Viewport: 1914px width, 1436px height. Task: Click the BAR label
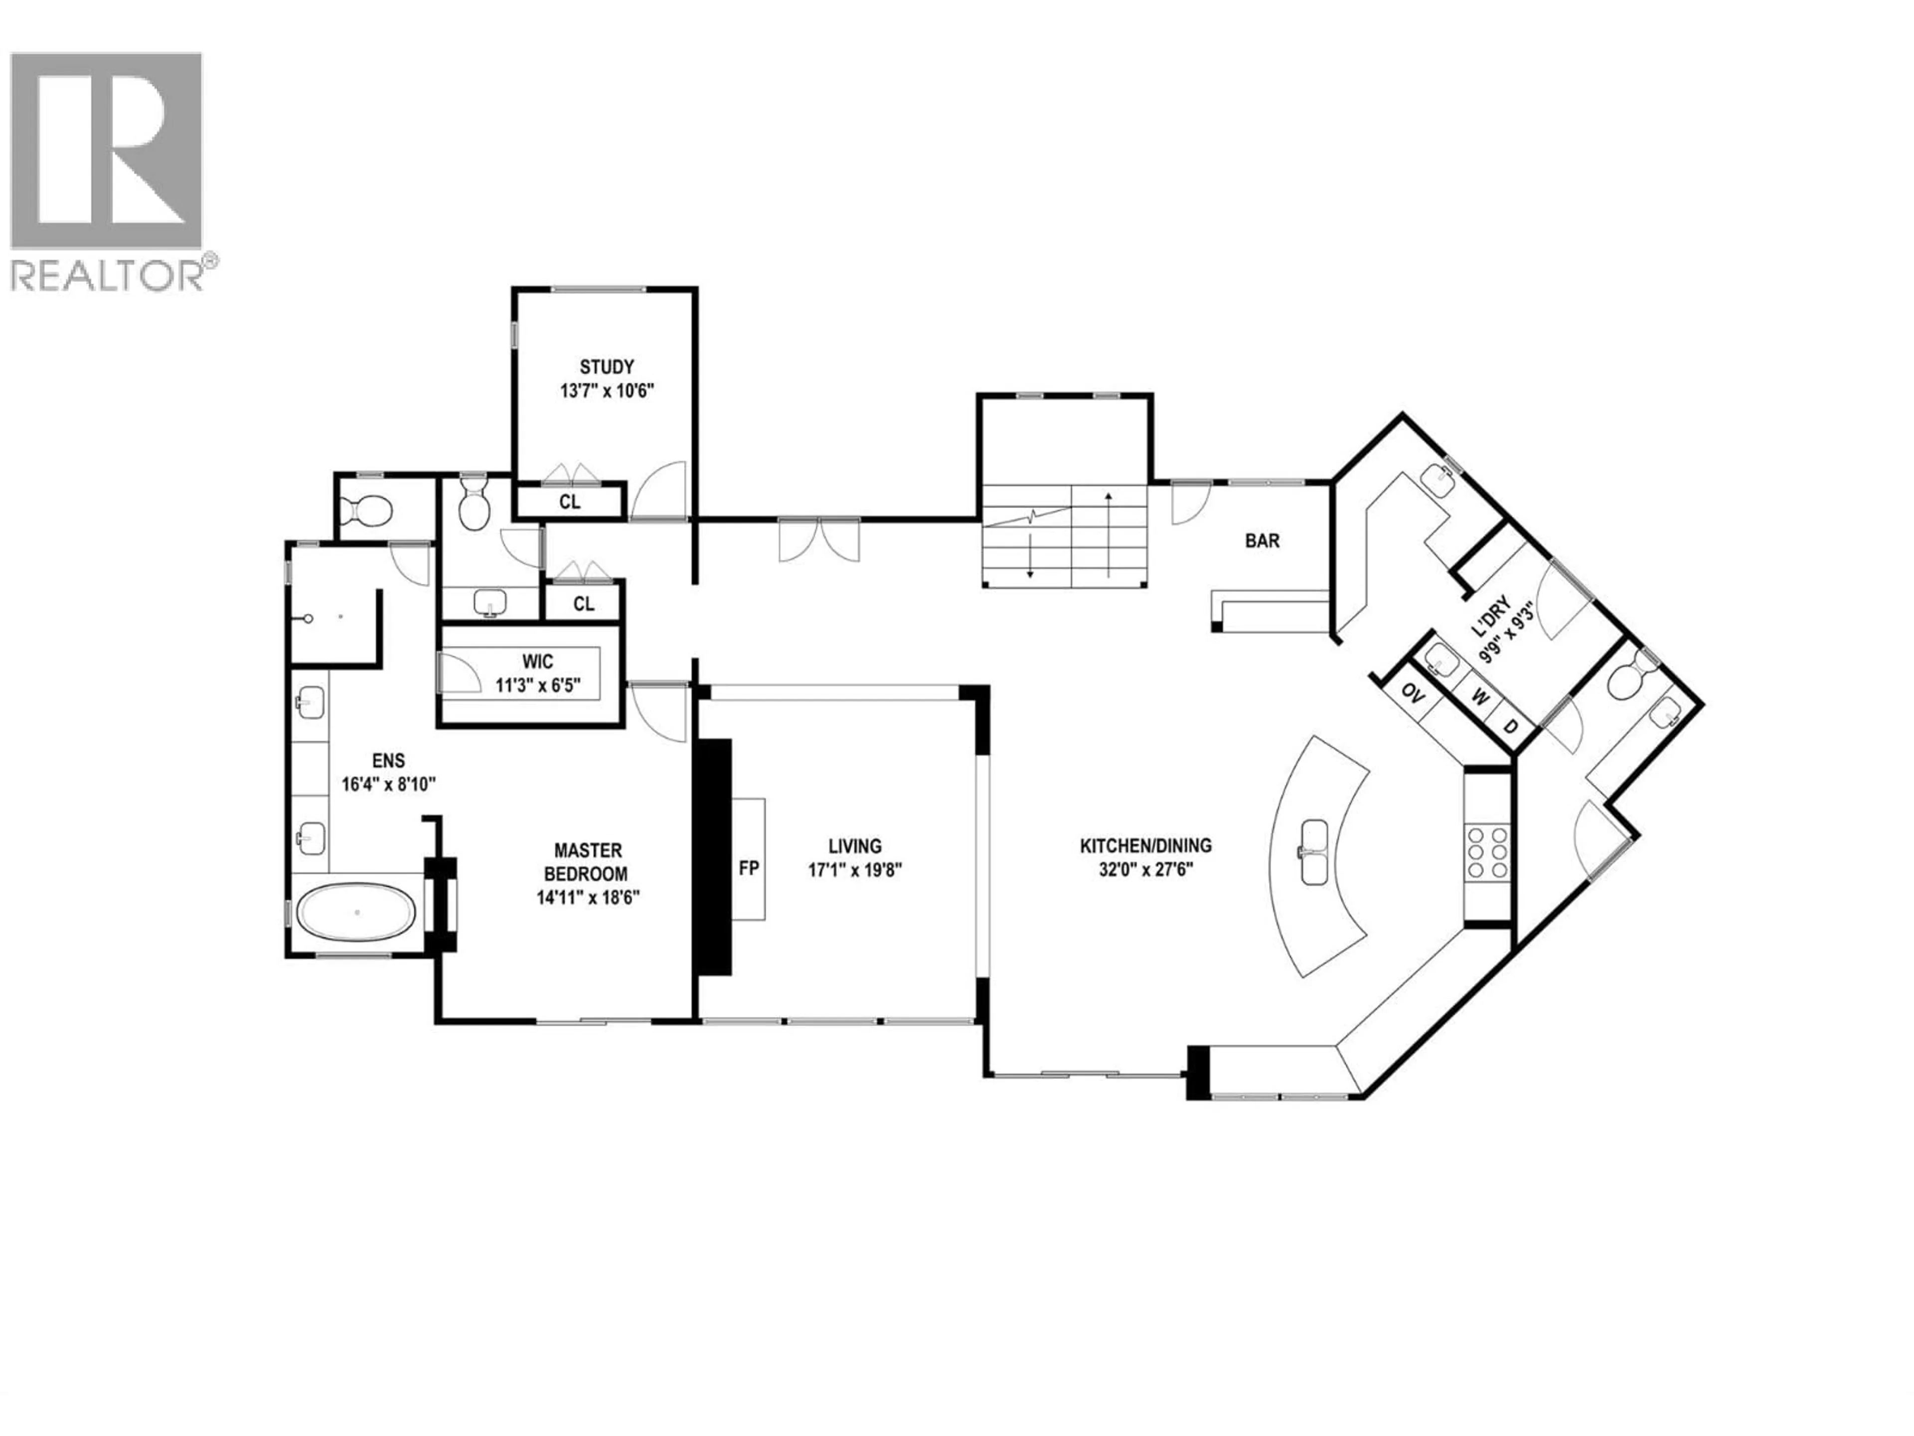[x=1262, y=541]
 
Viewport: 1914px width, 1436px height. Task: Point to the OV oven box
[x=1412, y=694]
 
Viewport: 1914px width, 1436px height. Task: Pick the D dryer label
[x=1511, y=726]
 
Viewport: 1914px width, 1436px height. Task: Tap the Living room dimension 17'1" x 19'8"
[x=855, y=870]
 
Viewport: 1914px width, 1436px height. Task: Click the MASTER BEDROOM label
[x=588, y=862]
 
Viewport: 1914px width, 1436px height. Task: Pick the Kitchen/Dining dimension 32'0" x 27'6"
[x=1145, y=870]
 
